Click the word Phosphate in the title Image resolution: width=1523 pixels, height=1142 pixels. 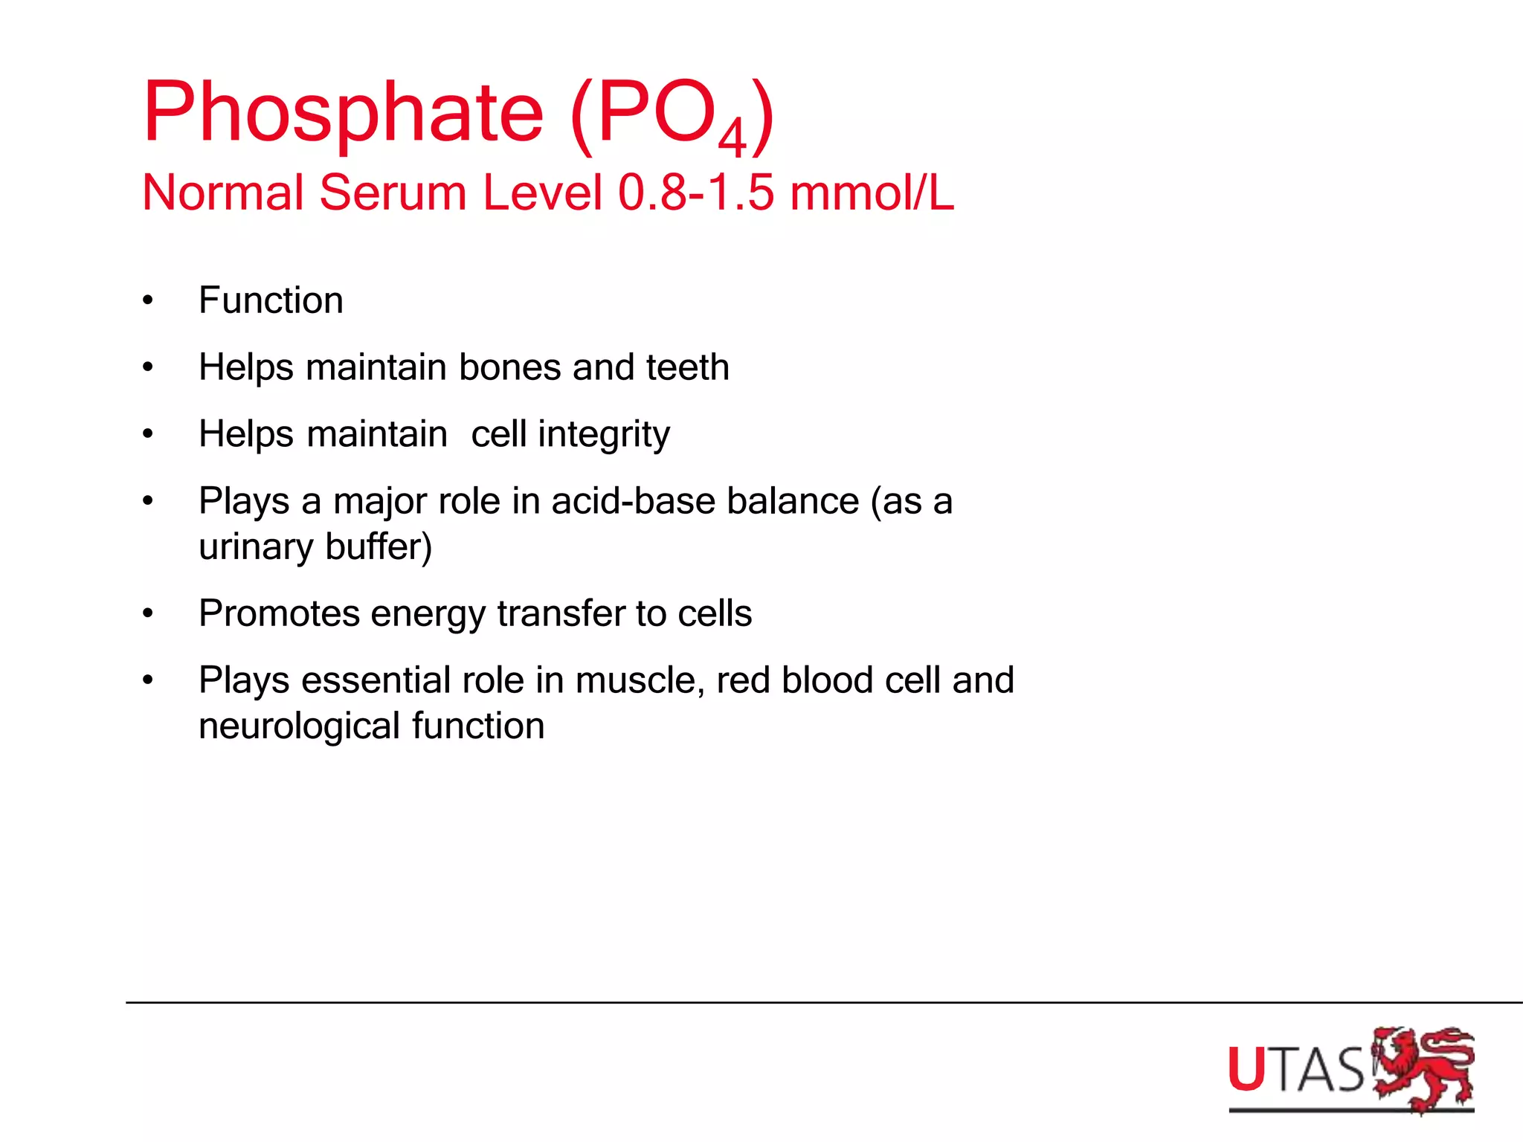[x=343, y=113]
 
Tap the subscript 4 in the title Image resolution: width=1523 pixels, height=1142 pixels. [x=732, y=138]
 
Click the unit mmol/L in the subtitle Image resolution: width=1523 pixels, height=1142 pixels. [x=872, y=193]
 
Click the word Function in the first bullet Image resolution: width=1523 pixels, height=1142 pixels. [x=271, y=300]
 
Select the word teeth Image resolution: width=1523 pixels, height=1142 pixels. [x=687, y=367]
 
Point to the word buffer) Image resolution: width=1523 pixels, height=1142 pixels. [x=379, y=546]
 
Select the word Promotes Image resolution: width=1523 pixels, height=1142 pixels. [x=279, y=613]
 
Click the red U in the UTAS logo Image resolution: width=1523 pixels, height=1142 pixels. [x=1246, y=1070]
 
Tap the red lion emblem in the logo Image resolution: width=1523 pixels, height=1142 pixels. [x=1422, y=1068]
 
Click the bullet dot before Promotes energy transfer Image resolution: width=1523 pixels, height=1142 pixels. [x=148, y=613]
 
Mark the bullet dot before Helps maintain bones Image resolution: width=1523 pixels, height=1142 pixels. [x=148, y=367]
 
